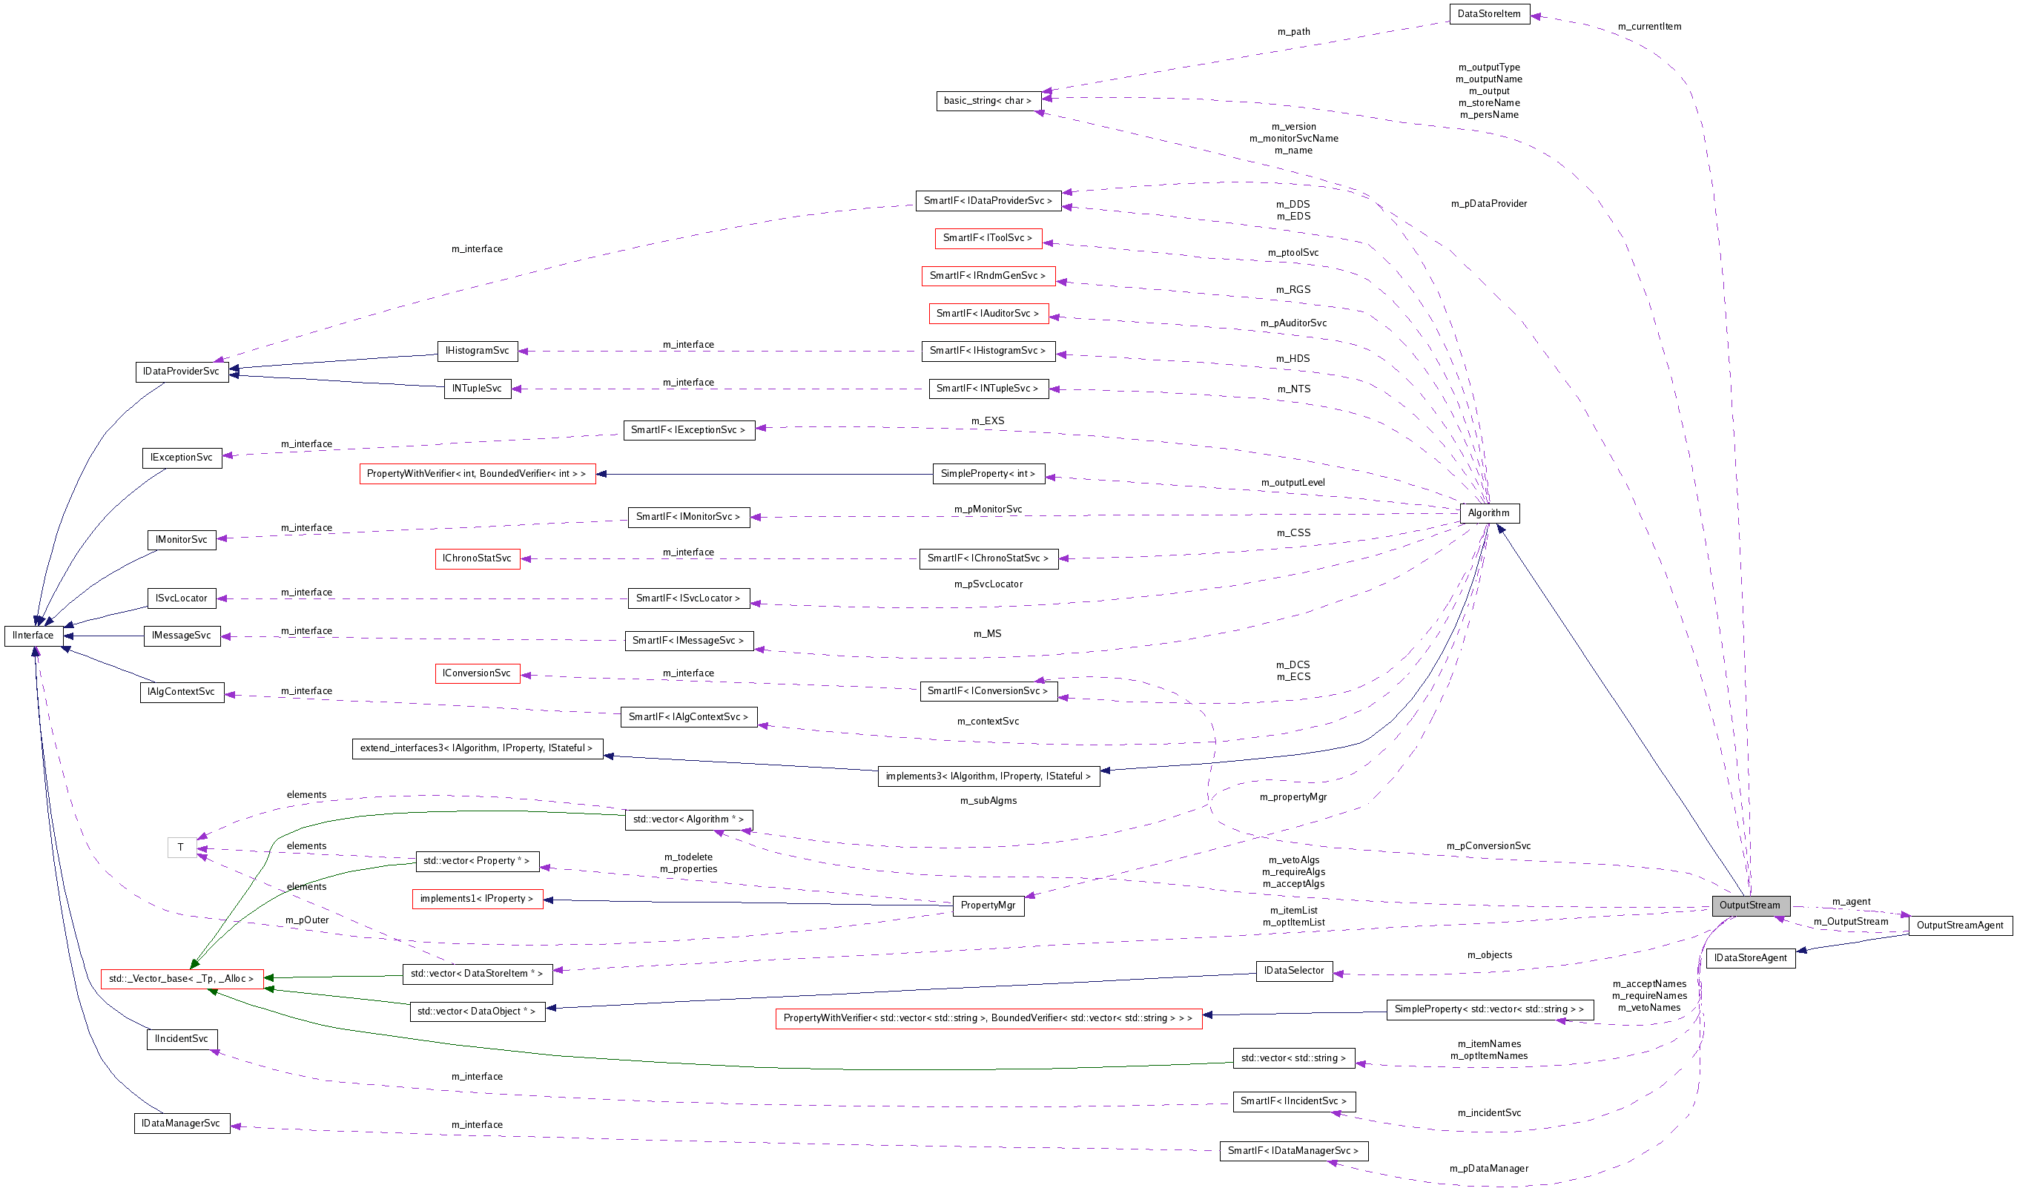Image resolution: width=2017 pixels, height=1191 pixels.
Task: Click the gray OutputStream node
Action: (1750, 905)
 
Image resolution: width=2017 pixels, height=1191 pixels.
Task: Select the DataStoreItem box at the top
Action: (1489, 13)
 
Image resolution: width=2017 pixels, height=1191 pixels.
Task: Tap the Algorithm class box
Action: (1489, 513)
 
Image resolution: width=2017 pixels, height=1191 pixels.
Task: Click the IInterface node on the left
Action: (33, 636)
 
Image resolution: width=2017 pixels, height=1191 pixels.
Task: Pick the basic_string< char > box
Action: (988, 101)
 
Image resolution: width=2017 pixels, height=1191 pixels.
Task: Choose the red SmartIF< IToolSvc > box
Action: (988, 238)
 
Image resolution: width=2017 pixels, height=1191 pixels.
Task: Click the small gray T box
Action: (182, 848)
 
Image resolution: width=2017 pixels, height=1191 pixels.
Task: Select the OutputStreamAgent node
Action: (1960, 926)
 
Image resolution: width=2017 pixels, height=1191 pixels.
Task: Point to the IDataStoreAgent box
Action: (1750, 958)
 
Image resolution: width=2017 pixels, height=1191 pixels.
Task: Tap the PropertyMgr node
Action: (988, 905)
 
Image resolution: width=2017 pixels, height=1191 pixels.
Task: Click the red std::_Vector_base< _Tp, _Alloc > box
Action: (182, 979)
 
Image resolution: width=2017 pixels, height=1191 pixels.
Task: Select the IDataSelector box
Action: (1293, 971)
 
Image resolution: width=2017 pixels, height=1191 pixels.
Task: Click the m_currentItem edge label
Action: (1648, 27)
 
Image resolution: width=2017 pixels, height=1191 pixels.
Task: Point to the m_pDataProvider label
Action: (1488, 204)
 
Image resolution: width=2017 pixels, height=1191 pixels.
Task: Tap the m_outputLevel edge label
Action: (1293, 482)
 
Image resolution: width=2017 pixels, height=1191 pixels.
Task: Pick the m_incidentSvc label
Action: (1489, 1113)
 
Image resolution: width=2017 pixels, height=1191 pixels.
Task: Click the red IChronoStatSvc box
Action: (477, 558)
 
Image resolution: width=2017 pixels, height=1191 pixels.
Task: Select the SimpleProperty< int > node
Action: (988, 474)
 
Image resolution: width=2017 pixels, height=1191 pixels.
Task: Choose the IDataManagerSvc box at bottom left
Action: (182, 1124)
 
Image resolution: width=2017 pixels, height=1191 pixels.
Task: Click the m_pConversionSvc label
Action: (1488, 846)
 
